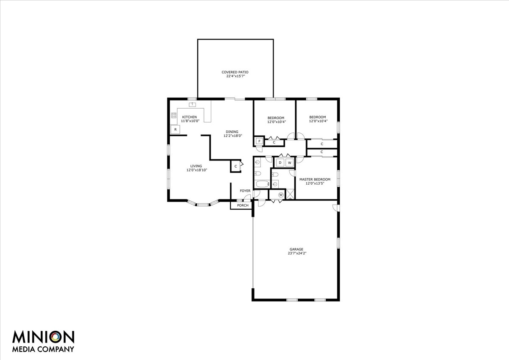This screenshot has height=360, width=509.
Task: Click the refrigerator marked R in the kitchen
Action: [x=174, y=129]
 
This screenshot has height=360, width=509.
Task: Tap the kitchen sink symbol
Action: [x=192, y=104]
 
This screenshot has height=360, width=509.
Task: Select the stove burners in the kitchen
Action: [x=173, y=115]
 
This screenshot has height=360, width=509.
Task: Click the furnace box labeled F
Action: [x=259, y=141]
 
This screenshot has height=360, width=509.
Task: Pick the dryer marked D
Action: [x=280, y=163]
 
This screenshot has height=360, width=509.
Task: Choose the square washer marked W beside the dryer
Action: [x=290, y=163]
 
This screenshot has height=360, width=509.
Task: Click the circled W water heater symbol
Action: [x=280, y=195]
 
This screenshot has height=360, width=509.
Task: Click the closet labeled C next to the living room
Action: [x=235, y=166]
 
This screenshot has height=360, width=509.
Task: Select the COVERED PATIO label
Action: [x=235, y=72]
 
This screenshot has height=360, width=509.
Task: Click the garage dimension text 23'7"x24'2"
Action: [x=296, y=253]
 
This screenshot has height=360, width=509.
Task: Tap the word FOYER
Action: [x=245, y=191]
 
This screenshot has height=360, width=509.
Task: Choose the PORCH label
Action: [x=243, y=205]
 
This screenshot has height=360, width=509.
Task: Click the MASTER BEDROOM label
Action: [x=315, y=180]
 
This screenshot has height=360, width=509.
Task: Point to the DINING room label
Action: [x=232, y=132]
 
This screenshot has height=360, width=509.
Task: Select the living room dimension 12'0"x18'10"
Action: [x=196, y=170]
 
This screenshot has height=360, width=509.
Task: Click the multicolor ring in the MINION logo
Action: [x=55, y=337]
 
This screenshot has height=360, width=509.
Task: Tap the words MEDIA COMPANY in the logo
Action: [x=43, y=349]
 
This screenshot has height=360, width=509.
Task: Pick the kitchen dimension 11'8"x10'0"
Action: [x=190, y=121]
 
